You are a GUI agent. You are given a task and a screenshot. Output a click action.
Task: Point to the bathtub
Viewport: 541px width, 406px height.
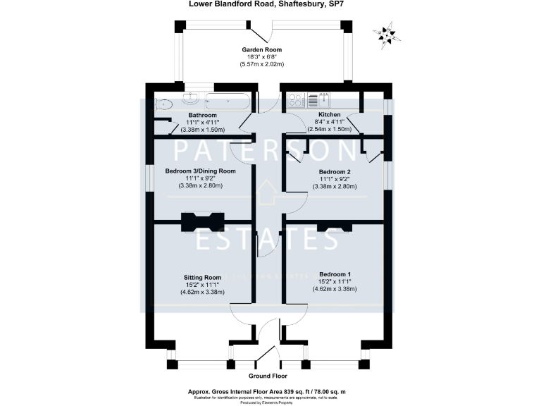coord(225,99)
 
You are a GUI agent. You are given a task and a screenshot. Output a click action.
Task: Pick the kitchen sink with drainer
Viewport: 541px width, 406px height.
coord(325,99)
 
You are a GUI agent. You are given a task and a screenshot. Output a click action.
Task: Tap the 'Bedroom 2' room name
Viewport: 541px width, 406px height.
coord(335,171)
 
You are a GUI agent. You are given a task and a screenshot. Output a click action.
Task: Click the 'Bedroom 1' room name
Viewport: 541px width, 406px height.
coord(335,273)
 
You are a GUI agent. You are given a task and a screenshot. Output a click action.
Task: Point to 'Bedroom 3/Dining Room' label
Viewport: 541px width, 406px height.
coord(200,171)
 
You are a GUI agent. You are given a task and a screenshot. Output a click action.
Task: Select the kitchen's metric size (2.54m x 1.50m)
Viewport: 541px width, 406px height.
coord(329,130)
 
